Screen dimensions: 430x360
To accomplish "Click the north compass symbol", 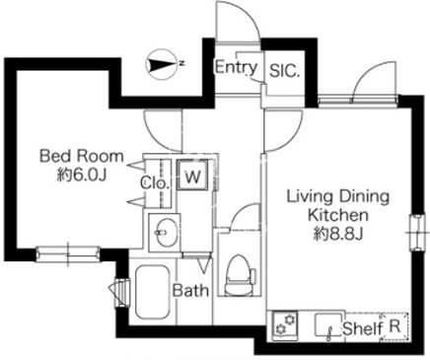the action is point(161,64).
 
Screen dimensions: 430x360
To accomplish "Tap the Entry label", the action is point(236,67).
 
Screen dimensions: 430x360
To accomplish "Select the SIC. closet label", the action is point(285,71).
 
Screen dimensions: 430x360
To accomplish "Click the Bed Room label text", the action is point(82,156).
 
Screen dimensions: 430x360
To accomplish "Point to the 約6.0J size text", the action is point(82,176).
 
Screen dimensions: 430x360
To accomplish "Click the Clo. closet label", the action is point(154,183).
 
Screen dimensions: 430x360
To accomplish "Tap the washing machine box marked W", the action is point(192,175).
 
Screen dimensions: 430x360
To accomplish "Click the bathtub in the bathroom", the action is point(152,292).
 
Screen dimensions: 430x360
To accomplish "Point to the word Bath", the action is point(190,291).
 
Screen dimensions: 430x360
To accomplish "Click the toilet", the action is point(239,275).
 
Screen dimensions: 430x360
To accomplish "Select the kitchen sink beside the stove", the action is point(328,325).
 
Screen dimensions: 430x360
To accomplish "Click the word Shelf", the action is point(363,328).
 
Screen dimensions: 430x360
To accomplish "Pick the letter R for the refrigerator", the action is point(394,326).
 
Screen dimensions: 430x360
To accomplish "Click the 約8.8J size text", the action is point(338,234).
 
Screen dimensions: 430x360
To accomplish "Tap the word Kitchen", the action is point(338,215).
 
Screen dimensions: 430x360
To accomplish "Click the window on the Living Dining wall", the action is point(417,232).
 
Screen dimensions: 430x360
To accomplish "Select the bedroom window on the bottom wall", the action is point(68,254).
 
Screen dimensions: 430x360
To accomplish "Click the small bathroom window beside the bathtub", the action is point(121,293).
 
